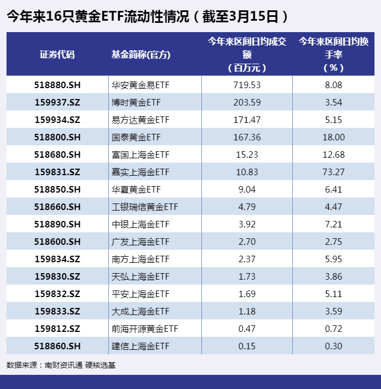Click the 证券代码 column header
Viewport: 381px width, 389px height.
coord(57,54)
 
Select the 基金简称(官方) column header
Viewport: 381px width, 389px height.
coord(141,54)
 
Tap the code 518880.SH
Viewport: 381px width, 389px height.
coord(57,85)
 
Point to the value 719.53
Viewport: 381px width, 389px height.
coord(247,85)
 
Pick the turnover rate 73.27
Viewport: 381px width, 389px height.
coord(334,172)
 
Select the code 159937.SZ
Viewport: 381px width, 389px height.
coord(57,102)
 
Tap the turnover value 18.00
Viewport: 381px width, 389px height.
coord(334,137)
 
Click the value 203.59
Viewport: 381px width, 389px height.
coord(247,102)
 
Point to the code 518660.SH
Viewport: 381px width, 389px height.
coord(57,207)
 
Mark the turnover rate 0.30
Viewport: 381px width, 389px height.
coord(334,346)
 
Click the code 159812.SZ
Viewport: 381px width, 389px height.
coord(57,329)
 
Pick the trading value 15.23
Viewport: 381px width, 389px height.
coord(247,155)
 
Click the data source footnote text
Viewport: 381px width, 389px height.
coord(61,366)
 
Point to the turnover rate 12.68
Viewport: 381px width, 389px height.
coord(334,155)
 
